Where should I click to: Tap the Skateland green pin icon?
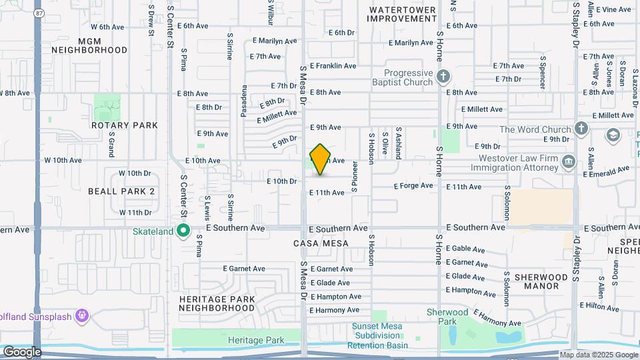[184, 231]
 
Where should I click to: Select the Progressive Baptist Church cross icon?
[444, 77]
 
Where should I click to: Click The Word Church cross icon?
[581, 129]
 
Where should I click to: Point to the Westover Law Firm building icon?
[568, 161]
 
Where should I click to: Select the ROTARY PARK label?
[125, 125]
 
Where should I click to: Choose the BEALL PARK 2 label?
[121, 191]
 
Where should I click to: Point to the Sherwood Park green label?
[447, 317]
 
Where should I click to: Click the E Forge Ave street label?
[413, 186]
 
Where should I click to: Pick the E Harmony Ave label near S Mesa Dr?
[335, 310]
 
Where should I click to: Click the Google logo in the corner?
[22, 351]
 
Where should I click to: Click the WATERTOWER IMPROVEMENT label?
[403, 15]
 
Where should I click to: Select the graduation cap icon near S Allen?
[612, 135]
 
